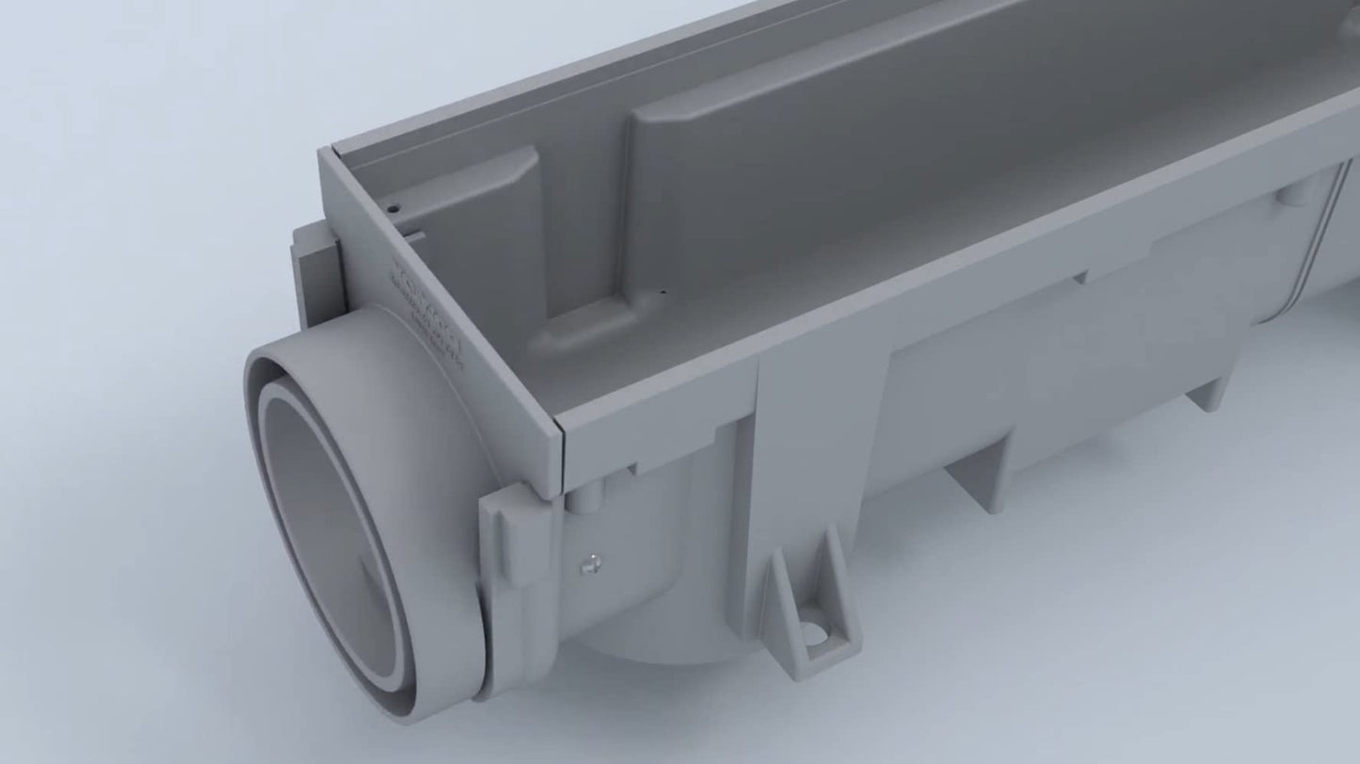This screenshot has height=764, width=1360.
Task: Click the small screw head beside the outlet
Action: (590, 562)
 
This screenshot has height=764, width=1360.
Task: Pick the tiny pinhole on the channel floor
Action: (663, 291)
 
